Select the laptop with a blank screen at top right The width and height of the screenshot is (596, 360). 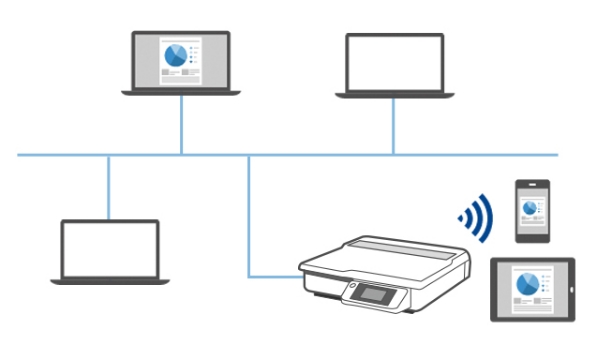click(394, 64)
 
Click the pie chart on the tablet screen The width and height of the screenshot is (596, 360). click(526, 284)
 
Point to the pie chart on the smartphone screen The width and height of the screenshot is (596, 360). click(526, 204)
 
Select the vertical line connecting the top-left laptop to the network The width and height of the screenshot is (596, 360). click(181, 125)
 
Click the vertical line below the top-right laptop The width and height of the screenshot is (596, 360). click(393, 126)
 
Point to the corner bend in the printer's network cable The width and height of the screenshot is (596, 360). click(248, 275)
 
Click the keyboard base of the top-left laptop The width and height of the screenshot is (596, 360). click(181, 92)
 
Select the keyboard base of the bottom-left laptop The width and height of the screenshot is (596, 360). click(109, 281)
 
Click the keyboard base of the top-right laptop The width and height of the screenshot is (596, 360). click(394, 94)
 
